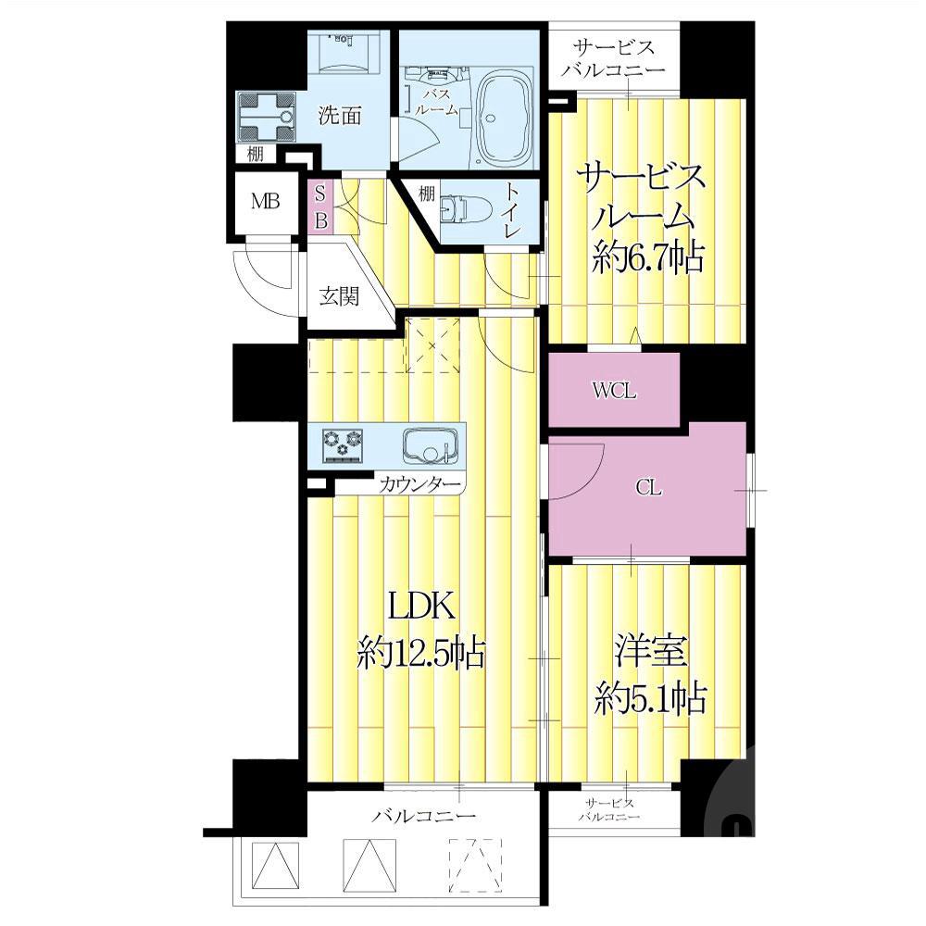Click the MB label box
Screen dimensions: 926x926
tap(265, 202)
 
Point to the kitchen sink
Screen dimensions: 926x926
tap(430, 446)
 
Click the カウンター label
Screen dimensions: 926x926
tap(419, 485)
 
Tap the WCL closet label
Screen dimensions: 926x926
tap(615, 391)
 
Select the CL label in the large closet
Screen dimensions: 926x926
tap(648, 488)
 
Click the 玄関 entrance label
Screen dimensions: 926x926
tap(339, 296)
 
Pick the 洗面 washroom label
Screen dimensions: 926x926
tap(340, 115)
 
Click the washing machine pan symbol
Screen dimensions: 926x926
tap(266, 117)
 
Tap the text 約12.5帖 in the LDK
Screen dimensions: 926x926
tap(421, 654)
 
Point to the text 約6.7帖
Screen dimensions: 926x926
tap(648, 257)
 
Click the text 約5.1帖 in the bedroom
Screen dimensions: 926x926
tap(650, 698)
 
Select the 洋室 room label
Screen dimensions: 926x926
tap(650, 650)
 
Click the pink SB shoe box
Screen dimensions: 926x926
tap(320, 207)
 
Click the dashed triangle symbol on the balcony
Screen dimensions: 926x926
tap(475, 865)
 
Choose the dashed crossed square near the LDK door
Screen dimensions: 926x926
tap(432, 344)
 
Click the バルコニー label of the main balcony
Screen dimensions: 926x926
tap(423, 816)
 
